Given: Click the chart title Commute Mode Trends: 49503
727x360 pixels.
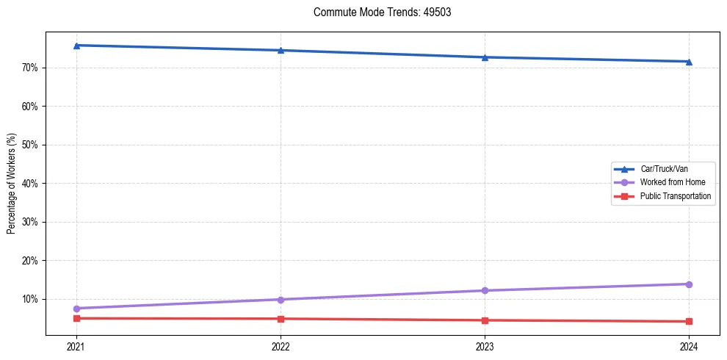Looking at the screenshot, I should coord(377,12).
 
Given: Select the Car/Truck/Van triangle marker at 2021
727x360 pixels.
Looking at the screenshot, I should coord(76,46).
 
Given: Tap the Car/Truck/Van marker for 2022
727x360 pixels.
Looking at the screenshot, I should coord(281,50).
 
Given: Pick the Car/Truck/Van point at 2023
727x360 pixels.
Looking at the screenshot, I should coord(485,57).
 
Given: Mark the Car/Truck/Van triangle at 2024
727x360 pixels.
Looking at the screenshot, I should coord(689,62).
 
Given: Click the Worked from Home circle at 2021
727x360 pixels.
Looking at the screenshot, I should coord(76,309).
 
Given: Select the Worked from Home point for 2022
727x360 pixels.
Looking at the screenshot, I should coord(281,300).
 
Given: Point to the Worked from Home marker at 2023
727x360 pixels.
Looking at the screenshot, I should coord(485,291).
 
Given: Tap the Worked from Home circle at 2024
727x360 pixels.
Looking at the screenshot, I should coord(689,284).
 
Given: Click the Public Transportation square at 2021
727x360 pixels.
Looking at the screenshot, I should coord(76,318).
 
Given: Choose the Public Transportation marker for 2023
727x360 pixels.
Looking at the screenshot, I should coord(485,320).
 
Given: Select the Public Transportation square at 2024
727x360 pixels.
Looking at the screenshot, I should coord(689,321).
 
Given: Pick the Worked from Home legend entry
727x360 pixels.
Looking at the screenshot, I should coord(672,182).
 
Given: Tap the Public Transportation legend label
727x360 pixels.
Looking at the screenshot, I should coord(675,196).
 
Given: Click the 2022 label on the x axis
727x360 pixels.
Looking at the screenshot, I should coord(281,346).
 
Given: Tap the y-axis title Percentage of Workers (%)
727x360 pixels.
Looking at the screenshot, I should coord(12,184).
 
